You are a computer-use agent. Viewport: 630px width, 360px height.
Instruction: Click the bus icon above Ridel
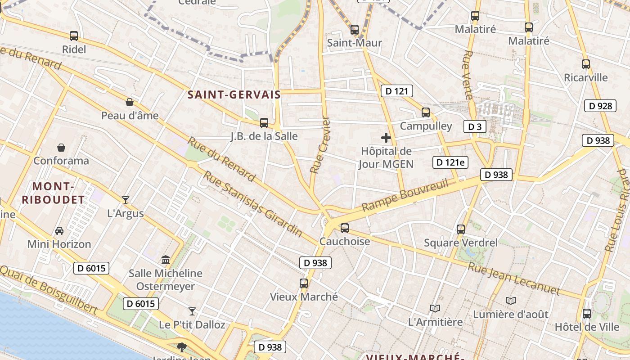coord(74,36)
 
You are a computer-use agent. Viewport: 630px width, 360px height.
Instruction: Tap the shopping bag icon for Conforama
coord(61,148)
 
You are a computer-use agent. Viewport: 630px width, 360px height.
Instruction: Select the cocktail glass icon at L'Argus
coord(126,200)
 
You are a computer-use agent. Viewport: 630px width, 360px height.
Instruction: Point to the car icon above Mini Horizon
coord(59,231)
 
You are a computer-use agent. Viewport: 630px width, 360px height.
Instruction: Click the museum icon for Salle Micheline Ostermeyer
coord(166,260)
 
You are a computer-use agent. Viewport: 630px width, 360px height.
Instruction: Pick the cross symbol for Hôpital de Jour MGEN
coord(386,138)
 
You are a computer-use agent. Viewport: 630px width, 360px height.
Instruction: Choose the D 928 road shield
coord(600,106)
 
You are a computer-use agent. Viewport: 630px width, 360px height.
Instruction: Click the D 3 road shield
coord(475,127)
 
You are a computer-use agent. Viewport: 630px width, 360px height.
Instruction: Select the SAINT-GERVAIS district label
coord(234,95)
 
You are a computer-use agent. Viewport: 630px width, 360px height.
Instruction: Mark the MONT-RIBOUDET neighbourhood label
coord(53,193)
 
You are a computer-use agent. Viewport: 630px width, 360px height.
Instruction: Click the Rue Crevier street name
coord(320,145)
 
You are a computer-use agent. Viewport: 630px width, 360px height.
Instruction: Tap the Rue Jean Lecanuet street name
coord(514,279)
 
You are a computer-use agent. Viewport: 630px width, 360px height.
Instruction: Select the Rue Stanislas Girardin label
coord(253,203)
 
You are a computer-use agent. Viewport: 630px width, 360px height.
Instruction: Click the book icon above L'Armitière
coord(435,308)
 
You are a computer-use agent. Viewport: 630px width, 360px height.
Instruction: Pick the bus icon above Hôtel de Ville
coord(587,314)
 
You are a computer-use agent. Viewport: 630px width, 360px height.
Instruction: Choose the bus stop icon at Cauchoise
coord(345,228)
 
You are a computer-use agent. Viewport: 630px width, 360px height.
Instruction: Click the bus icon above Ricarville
coord(586,64)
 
